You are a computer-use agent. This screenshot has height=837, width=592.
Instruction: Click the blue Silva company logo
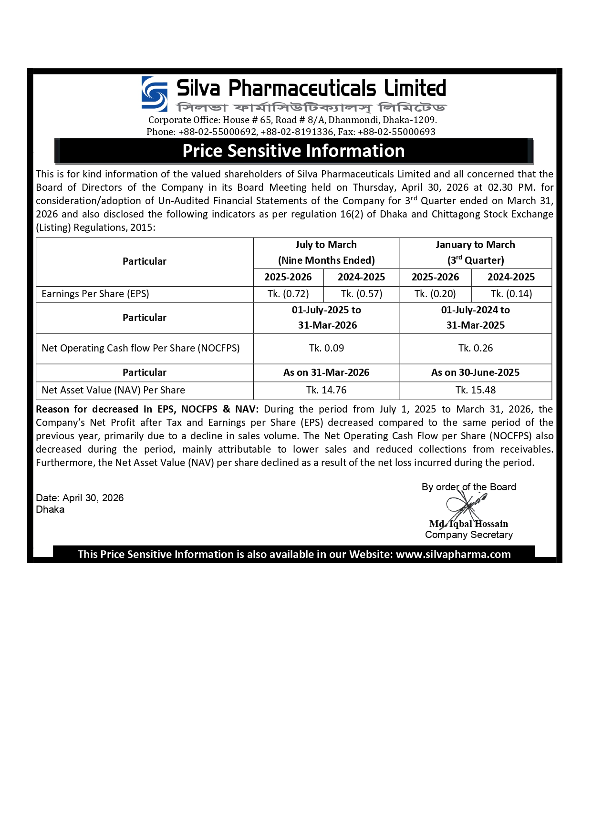[x=155, y=94]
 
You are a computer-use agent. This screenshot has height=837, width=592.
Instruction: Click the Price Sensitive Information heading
[x=293, y=151]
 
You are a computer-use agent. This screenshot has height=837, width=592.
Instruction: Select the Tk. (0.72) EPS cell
[x=288, y=294]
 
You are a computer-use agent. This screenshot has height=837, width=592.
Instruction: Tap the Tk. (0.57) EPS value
[x=362, y=294]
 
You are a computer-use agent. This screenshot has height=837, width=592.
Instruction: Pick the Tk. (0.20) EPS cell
[x=435, y=294]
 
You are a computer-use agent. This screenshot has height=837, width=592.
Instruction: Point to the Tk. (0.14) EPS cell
[x=511, y=294]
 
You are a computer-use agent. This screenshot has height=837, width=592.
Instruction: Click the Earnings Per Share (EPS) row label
[x=95, y=294]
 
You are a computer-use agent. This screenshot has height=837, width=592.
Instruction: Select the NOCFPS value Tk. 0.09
[x=326, y=348]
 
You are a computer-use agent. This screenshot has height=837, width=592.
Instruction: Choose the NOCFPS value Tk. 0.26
[x=475, y=348]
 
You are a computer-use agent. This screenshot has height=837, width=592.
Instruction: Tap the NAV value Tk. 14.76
[x=326, y=390]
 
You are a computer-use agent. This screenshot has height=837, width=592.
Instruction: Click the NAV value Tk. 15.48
[x=475, y=390]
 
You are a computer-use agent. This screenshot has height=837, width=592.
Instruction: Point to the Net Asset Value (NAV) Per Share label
[x=114, y=390]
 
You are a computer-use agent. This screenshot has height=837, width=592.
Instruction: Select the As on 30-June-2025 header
[x=475, y=372]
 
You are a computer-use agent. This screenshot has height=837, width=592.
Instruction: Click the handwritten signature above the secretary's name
[x=465, y=506]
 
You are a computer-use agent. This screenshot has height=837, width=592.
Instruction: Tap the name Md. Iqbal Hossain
[x=468, y=524]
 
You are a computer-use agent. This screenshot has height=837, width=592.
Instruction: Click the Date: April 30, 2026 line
[x=80, y=498]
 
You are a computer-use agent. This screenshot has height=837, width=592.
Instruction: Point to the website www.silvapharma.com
[x=453, y=554]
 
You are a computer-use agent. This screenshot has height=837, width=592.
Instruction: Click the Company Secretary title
[x=469, y=535]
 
